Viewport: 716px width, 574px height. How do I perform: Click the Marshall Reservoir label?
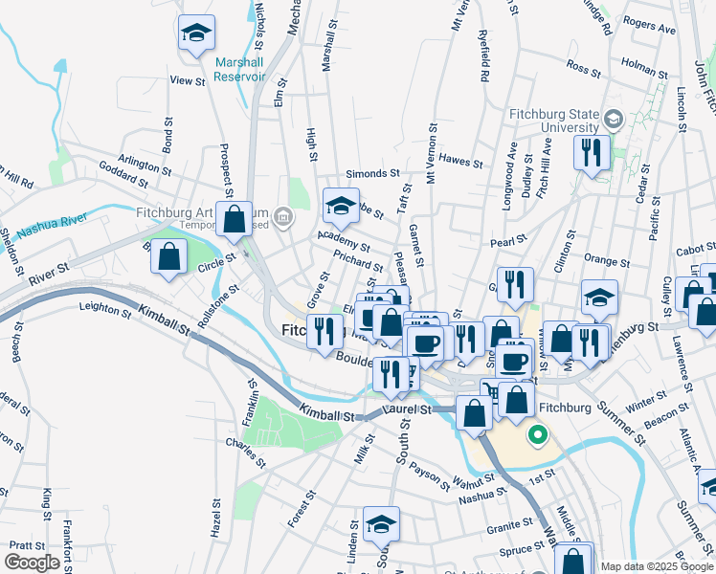pos(239,69)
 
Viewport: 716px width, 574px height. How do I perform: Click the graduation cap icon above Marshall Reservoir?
pos(196,34)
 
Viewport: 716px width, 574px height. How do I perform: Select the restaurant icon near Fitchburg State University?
pos(592,152)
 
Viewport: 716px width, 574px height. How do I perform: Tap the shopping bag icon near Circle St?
pos(169,256)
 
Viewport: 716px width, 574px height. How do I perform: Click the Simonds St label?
pos(372,174)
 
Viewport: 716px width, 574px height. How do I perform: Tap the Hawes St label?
pos(461,161)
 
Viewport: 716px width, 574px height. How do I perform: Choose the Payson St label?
pos(429,473)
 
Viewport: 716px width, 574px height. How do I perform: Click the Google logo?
pos(32,562)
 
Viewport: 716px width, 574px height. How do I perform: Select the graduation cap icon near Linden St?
pos(381,524)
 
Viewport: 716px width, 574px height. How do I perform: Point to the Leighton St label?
pos(105,306)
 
